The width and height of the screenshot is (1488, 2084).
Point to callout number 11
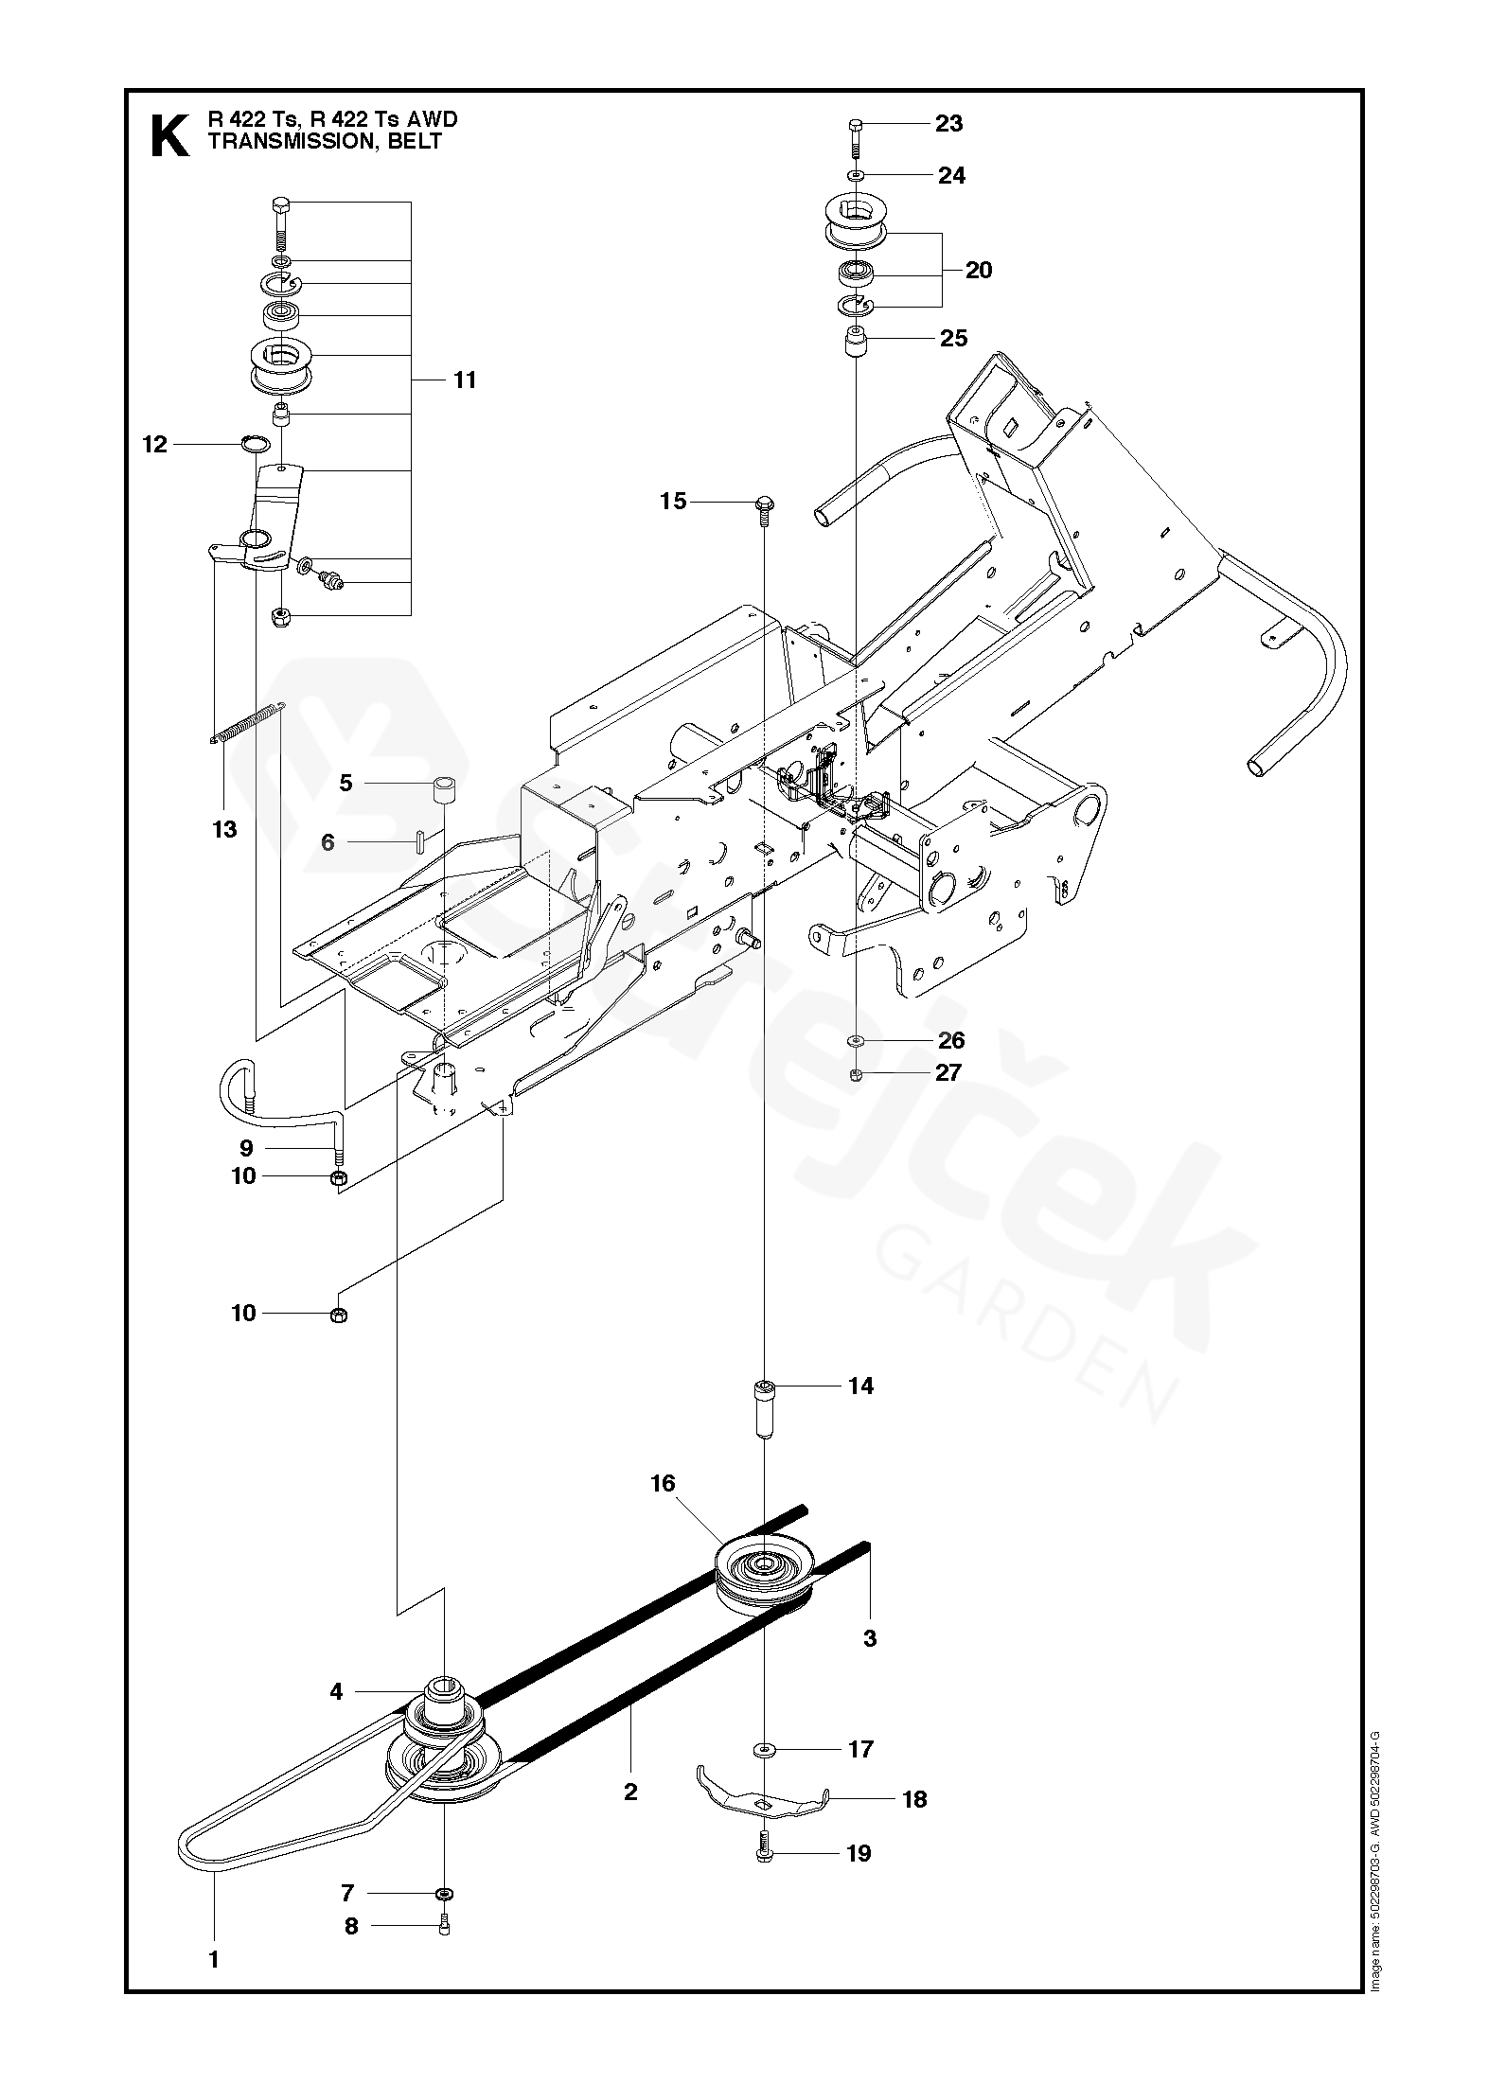(x=464, y=380)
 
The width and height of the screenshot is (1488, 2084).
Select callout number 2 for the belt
(x=630, y=1791)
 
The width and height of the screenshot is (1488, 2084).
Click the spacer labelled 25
(x=856, y=340)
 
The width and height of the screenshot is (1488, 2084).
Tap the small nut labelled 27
(x=855, y=1073)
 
